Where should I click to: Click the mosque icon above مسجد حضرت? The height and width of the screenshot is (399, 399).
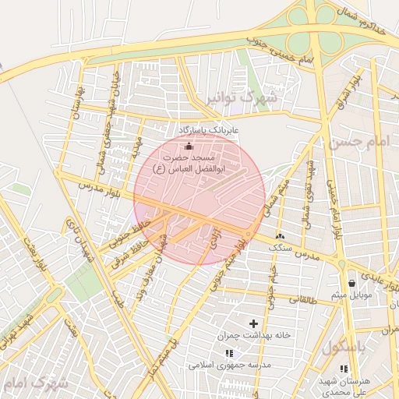pos(187,146)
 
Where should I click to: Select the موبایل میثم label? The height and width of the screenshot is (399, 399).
pos(355,295)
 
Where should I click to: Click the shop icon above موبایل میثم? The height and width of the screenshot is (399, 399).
pos(354,283)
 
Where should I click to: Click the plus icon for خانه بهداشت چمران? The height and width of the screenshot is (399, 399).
pos(252,323)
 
